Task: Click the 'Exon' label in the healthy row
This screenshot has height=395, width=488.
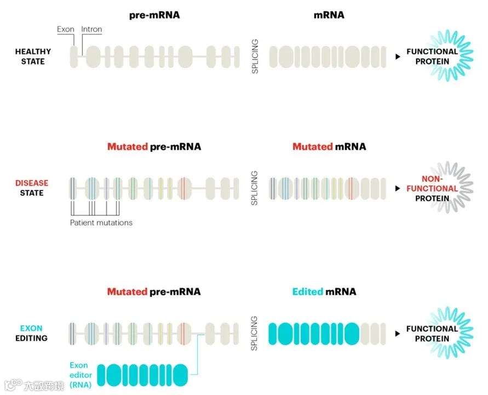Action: [x=66, y=29]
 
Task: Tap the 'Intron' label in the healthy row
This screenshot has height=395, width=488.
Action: [x=91, y=29]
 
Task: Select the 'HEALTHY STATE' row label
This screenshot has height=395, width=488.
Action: [x=33, y=57]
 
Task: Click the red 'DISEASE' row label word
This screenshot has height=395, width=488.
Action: [x=32, y=183]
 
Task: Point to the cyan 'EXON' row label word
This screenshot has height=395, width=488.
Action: [x=31, y=329]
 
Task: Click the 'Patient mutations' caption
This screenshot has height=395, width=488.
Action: [x=101, y=223]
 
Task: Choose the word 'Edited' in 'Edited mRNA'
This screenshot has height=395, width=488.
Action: [x=307, y=291]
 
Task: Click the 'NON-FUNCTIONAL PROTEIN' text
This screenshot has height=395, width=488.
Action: [x=432, y=188]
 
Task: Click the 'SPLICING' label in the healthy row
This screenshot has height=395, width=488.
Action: [x=255, y=57]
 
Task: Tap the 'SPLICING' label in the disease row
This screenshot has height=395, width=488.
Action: [x=255, y=188]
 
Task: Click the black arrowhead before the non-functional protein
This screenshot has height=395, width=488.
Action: [x=397, y=189]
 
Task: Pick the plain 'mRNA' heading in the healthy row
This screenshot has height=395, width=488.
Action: [x=329, y=15]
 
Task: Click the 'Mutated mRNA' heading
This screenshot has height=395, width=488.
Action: [x=329, y=146]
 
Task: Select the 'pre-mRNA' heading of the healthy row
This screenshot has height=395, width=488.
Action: [x=154, y=15]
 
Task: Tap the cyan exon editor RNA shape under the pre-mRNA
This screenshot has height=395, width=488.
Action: [x=142, y=374]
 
